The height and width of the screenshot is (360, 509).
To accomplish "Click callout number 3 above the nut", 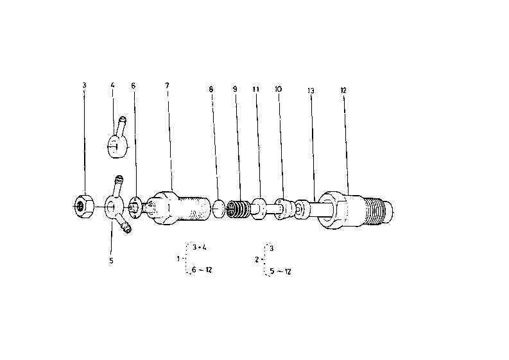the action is point(84,85).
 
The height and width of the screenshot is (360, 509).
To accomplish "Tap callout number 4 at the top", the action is point(112,85).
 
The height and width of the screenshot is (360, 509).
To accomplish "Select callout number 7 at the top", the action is point(167,85).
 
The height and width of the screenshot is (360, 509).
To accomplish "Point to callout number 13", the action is point(311,90).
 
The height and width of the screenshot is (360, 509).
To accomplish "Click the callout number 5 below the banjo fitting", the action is point(111,261).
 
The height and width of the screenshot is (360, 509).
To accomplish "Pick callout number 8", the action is point(211,89).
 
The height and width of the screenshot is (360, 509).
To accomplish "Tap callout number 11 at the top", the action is point(256,89).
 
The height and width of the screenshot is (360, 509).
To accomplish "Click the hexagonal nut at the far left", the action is point(83,206).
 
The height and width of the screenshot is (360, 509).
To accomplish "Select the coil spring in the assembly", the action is point(238,209).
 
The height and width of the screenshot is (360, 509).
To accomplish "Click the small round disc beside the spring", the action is point(218,209).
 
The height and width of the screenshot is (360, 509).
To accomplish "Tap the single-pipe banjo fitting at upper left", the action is point(117,140).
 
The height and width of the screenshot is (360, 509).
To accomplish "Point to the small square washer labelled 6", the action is point(135,207).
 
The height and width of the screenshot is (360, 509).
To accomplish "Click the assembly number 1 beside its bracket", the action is point(178,259).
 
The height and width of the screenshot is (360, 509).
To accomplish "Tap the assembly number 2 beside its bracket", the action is point(257,260).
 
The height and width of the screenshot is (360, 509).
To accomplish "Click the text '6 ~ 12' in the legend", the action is point(202,270).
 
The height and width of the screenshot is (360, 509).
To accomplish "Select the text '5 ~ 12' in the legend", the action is point(280,271).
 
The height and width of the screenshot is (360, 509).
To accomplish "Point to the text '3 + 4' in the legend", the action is point(200,247).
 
